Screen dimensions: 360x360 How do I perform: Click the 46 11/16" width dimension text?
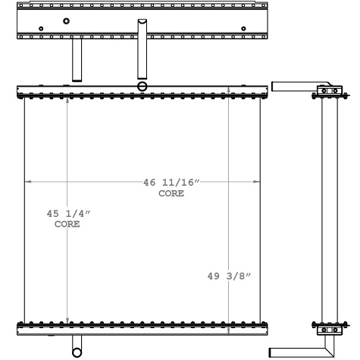pyautogui.click(x=171, y=183)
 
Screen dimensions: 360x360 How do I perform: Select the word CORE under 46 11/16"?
pyautogui.click(x=171, y=194)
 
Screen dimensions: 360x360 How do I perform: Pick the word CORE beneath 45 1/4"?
pyautogui.click(x=67, y=225)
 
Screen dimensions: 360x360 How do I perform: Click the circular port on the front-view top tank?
pyautogui.click(x=142, y=87)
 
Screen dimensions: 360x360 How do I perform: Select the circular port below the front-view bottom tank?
pyautogui.click(x=77, y=351)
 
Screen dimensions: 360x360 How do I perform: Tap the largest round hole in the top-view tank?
pyautogui.click(x=67, y=20)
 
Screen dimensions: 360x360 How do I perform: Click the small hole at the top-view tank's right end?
pyautogui.click(x=243, y=30)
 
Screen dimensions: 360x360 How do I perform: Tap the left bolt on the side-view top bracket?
pyautogui.click(x=324, y=91)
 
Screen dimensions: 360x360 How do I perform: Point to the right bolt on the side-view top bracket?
pyautogui.click(x=334, y=91)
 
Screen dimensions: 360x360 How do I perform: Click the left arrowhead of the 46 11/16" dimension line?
pyautogui.click(x=29, y=183)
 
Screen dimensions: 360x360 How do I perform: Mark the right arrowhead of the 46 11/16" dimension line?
pyautogui.click(x=256, y=183)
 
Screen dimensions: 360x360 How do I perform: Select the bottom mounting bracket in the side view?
pyautogui.click(x=329, y=329)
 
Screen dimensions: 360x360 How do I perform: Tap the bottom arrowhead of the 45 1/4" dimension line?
pyautogui.click(x=67, y=320)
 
